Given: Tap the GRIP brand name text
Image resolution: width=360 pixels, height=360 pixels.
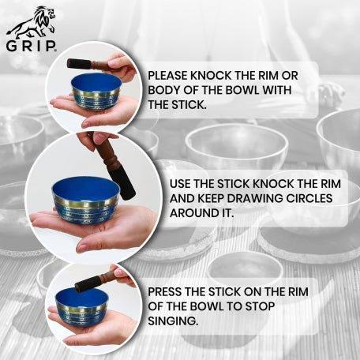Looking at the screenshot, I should tap(31, 45).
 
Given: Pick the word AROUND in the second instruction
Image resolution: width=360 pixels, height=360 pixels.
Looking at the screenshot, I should tap(195, 212).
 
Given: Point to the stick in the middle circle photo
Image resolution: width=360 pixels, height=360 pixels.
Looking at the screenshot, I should tap(123, 173).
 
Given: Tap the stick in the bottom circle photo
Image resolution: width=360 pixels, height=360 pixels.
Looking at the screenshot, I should tap(94, 277).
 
